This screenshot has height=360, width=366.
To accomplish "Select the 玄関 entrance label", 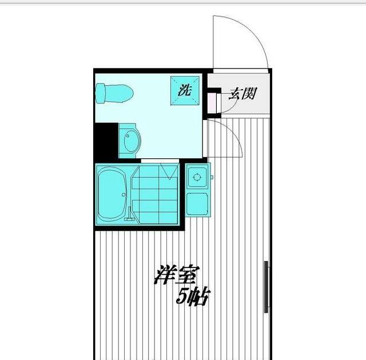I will (241, 94).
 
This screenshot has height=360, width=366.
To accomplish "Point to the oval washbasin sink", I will (130, 141).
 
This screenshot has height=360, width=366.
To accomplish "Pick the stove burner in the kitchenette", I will (198, 177).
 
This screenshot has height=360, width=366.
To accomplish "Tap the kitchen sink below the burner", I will (198, 202).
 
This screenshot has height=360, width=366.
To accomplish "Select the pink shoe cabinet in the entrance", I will (212, 101).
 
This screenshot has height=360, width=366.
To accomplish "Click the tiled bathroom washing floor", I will (154, 197).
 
